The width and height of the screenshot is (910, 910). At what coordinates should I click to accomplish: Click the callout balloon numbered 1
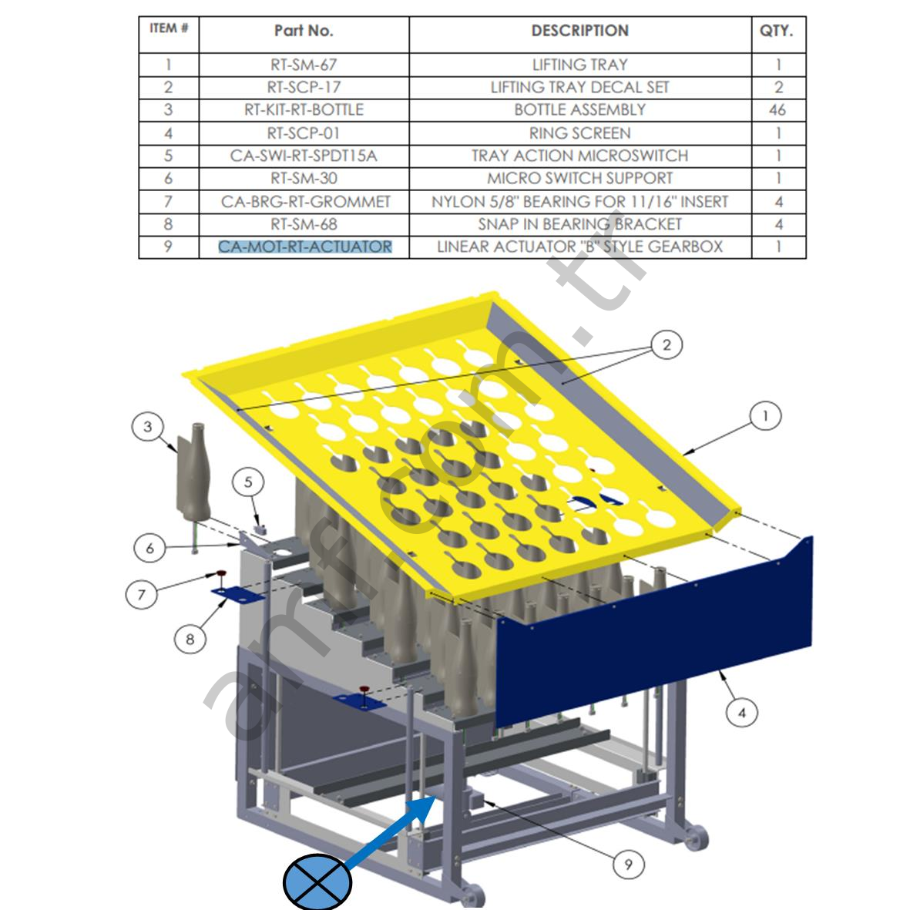coord(765,416)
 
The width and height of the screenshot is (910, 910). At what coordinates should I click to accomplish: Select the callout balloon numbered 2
coord(667,345)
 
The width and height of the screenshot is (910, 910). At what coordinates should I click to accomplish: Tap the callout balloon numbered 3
coord(148,426)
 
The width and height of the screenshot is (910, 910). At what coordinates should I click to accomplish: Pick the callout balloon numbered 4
coord(742,713)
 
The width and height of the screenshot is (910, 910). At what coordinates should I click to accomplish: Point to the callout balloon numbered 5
coord(248,482)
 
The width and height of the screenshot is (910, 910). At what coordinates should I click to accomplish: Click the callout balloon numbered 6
coord(149,548)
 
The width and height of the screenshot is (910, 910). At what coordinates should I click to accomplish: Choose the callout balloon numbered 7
coord(142,594)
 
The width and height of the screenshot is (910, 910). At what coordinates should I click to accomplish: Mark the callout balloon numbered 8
coord(190,639)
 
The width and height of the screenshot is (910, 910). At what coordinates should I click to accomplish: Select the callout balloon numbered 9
coord(628,865)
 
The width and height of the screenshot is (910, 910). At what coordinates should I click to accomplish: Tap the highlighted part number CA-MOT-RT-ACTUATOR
coord(304,247)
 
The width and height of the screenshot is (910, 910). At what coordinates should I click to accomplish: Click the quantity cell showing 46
coord(777,109)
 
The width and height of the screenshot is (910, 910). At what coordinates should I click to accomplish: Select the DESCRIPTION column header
coord(579,31)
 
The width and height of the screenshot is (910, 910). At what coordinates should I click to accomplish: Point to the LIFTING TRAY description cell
coord(579,65)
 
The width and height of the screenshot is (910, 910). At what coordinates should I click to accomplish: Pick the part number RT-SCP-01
coord(304,133)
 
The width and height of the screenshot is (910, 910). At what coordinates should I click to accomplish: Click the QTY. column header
coord(777,31)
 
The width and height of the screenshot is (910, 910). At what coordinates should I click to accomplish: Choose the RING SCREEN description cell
coord(579,133)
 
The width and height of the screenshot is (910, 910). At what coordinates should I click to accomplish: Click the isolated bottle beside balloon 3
coord(193,474)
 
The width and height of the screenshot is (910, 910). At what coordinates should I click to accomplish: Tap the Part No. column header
coord(304,31)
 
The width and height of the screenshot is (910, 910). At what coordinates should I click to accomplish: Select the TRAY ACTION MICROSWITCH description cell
coord(579,155)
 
